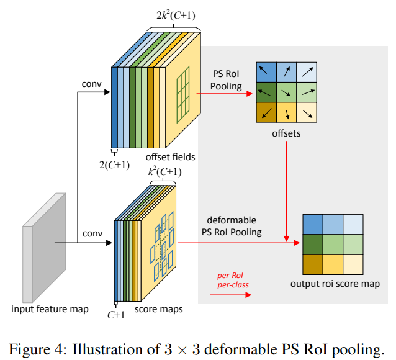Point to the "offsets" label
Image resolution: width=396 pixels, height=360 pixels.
click(x=286, y=133)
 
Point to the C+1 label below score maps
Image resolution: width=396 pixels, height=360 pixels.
click(x=115, y=315)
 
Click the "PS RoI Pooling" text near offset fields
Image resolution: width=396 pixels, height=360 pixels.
click(x=226, y=81)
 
